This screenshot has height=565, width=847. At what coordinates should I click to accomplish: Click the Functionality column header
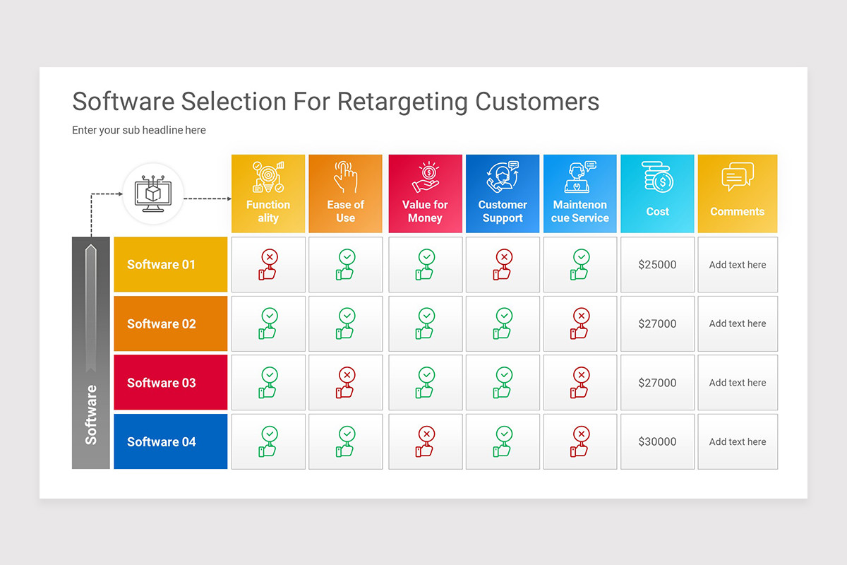[268, 194]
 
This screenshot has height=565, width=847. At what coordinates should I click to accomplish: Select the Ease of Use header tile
[345, 194]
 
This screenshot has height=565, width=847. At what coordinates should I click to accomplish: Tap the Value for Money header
[425, 194]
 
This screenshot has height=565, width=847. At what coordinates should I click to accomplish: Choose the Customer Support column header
[503, 194]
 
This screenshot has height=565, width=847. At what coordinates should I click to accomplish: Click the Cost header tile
[657, 194]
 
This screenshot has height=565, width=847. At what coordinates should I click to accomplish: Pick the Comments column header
[737, 194]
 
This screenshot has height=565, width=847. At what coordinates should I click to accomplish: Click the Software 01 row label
[170, 265]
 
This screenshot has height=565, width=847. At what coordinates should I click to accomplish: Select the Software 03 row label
[170, 383]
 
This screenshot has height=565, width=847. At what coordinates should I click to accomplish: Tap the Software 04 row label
[170, 442]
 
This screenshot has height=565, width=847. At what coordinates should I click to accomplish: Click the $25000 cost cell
[657, 265]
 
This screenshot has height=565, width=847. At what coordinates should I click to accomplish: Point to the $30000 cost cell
[657, 442]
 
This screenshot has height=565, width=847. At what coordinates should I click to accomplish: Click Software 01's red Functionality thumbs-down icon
[268, 265]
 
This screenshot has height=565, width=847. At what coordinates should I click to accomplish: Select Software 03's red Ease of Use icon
[346, 383]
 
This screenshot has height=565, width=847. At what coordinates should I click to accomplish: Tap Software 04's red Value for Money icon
[426, 442]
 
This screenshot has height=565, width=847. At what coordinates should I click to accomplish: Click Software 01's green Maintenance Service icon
[580, 265]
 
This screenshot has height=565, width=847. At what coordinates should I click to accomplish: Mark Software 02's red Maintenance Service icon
[580, 323]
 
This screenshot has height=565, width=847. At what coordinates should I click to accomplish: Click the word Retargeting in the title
[402, 102]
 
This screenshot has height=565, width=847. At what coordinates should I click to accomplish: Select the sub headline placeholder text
[139, 131]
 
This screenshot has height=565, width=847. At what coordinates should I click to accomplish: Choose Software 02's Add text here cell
[737, 323]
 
